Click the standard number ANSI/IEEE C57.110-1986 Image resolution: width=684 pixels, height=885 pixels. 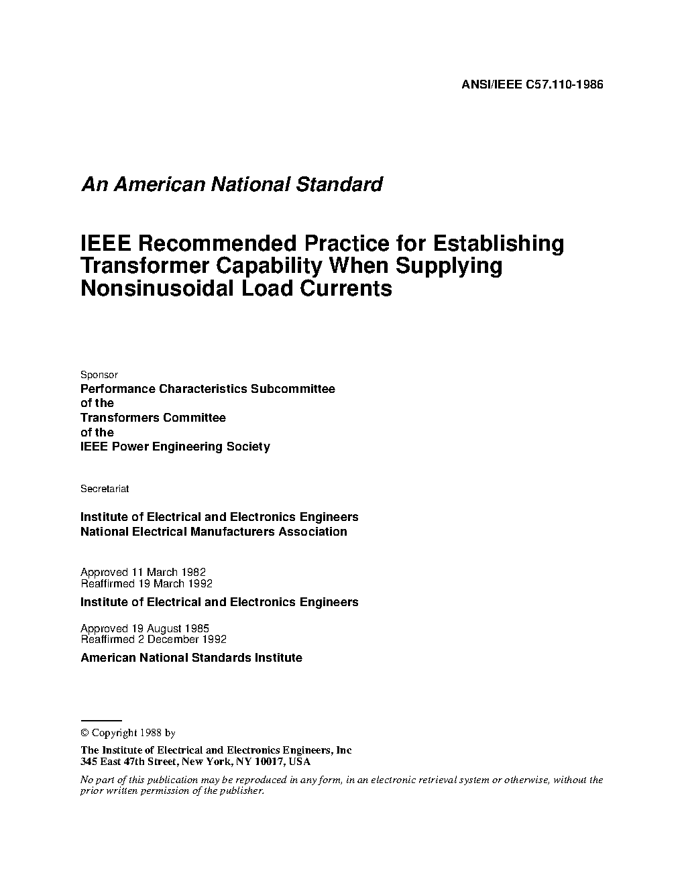(x=532, y=84)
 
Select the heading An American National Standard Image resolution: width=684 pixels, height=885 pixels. (x=231, y=184)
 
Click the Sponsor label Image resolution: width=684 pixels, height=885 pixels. (x=99, y=375)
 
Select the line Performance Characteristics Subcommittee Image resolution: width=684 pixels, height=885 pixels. (x=207, y=389)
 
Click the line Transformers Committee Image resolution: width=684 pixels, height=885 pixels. (x=153, y=418)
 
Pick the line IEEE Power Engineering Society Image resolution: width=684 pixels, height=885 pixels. (x=175, y=447)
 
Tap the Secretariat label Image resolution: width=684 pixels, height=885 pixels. (x=105, y=489)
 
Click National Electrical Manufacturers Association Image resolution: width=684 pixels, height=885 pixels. (x=213, y=532)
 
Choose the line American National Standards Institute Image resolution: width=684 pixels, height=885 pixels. (x=191, y=658)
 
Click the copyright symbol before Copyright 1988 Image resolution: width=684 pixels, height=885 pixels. (x=84, y=733)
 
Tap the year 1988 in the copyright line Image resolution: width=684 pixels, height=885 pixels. (x=151, y=733)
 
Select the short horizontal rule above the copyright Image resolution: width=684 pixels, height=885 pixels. (x=101, y=719)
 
